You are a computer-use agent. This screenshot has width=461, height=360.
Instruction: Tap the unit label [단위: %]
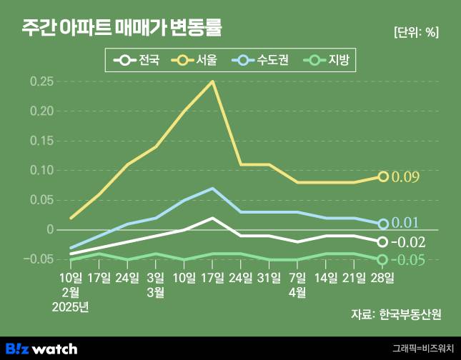coord(416,32)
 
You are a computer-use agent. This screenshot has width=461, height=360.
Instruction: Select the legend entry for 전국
coord(140,61)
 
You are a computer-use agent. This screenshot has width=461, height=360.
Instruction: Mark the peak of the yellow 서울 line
coord(212,81)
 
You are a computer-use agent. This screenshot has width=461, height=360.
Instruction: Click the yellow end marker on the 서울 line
coord(383,176)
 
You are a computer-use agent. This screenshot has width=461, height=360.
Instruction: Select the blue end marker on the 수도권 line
coord(383,224)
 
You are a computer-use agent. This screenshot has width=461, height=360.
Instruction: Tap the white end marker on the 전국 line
coord(383,242)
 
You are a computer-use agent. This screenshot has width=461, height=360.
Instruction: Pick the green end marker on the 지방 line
coord(383,259)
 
